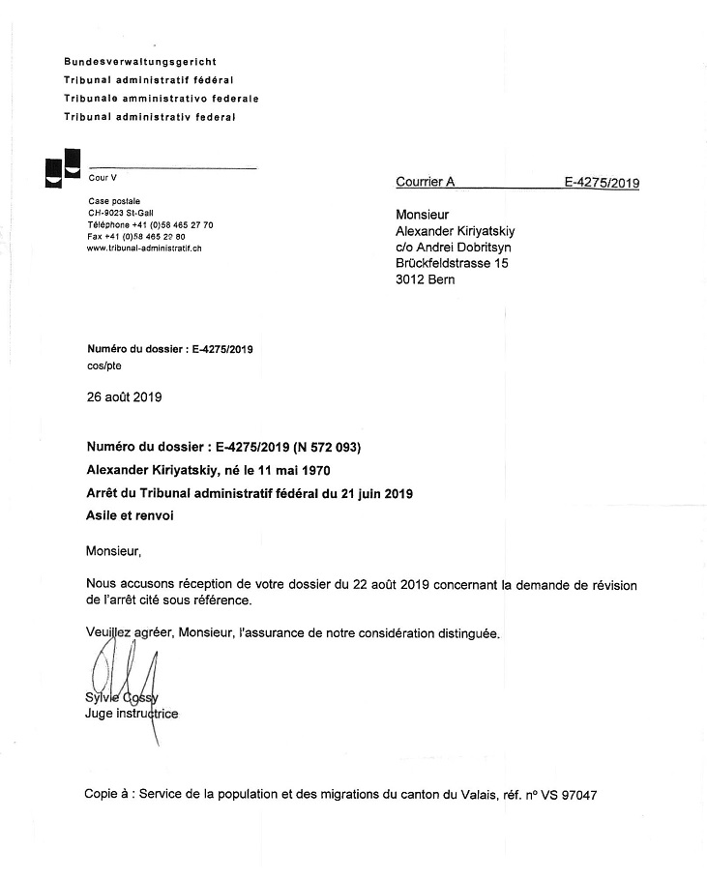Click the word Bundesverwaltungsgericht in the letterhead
tap(140, 62)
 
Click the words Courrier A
tap(425, 182)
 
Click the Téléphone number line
tap(150, 224)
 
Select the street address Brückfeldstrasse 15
tap(452, 263)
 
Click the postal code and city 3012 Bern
tap(425, 280)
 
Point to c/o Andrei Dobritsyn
tap(454, 247)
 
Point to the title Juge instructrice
tap(132, 715)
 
